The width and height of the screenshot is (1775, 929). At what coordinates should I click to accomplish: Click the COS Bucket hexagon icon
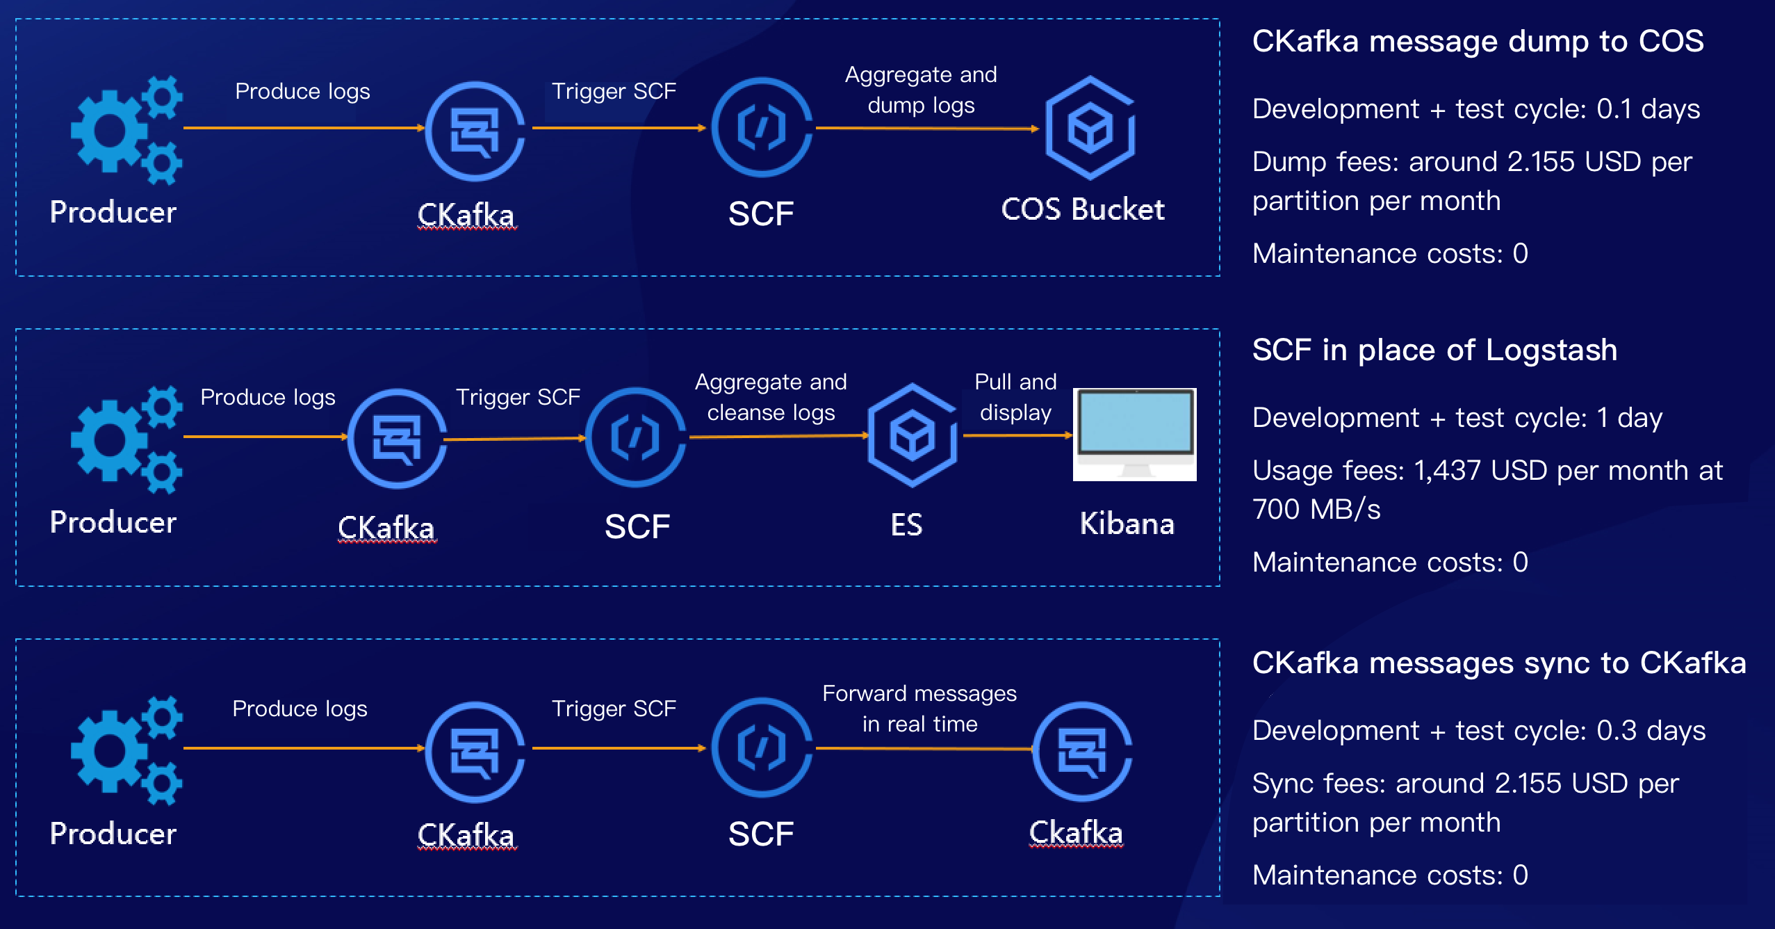click(1090, 128)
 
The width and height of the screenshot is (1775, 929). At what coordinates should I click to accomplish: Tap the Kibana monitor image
click(1135, 435)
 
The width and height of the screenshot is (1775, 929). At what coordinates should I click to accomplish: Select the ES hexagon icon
click(912, 435)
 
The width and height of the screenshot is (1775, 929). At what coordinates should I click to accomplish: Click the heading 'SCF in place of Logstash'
click(1434, 350)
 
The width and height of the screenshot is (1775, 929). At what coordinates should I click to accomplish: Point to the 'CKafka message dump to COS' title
click(1478, 41)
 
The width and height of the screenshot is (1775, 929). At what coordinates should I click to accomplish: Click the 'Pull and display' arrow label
click(1015, 397)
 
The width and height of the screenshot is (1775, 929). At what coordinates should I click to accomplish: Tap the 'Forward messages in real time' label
click(919, 709)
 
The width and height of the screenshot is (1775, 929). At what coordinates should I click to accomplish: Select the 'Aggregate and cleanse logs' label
click(771, 397)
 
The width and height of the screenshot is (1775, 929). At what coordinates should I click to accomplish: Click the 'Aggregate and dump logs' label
click(921, 90)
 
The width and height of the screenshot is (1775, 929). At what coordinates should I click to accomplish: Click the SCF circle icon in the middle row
click(635, 438)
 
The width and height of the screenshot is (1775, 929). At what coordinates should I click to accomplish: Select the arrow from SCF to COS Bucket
click(927, 128)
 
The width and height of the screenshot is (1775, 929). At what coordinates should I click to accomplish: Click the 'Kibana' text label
click(1127, 524)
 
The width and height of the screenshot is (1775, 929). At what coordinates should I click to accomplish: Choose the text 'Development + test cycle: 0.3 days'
click(1479, 731)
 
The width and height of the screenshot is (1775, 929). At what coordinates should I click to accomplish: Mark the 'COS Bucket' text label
click(1083, 209)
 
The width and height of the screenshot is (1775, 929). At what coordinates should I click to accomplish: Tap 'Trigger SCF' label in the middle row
click(518, 397)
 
